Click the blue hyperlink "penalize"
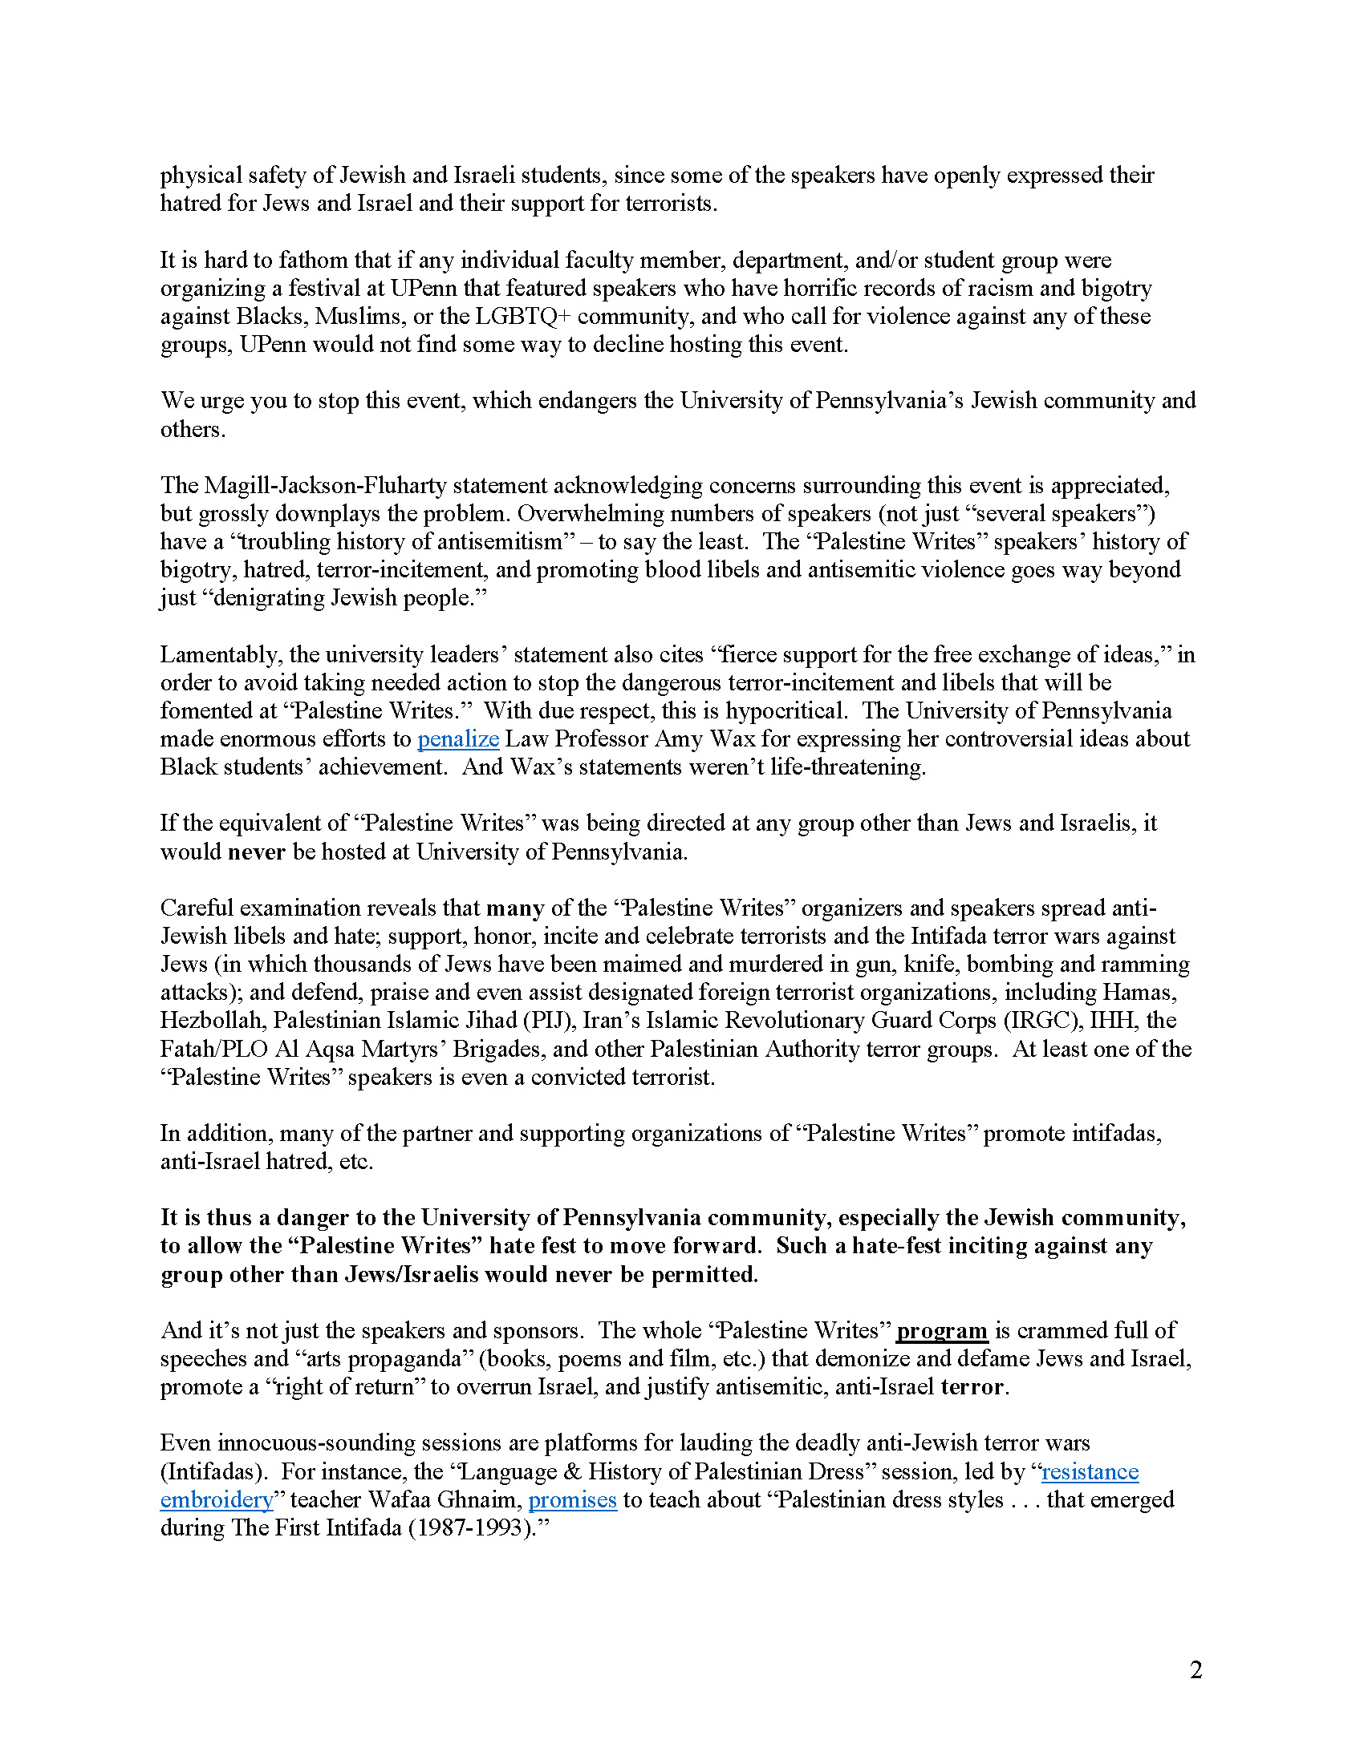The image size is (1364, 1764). (457, 739)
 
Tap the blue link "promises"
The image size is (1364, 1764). (572, 1500)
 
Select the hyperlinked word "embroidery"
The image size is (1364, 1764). (217, 1500)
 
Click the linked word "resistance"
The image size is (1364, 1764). (1090, 1471)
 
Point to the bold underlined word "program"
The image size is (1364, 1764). (942, 1330)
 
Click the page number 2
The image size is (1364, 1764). (1196, 1670)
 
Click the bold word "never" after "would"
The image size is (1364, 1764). (257, 852)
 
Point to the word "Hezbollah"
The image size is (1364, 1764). (213, 1021)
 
